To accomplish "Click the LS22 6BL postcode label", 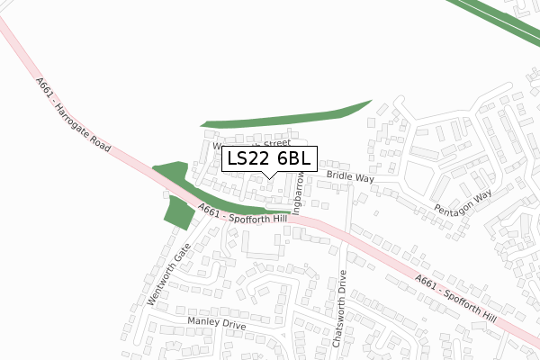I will click(x=269, y=159).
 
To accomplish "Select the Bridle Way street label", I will click(x=350, y=177).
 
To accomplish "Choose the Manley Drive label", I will click(x=216, y=322).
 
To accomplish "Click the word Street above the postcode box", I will click(x=276, y=142).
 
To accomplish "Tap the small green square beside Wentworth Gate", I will click(x=178, y=212).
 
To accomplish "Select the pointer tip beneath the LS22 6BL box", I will click(x=269, y=177).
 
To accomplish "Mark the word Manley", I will click(x=203, y=321).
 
